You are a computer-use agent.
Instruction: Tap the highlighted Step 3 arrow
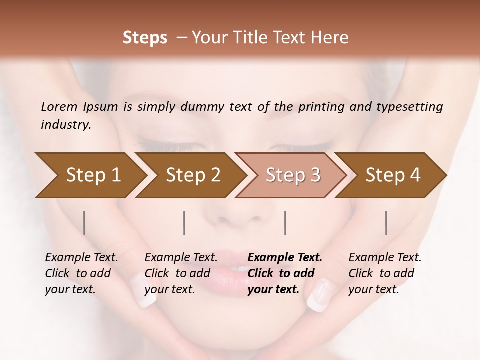293,175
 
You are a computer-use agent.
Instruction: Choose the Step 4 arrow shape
393,175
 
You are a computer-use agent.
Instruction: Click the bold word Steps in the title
145,38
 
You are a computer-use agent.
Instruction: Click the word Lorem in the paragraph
59,106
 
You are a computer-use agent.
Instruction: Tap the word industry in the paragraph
66,124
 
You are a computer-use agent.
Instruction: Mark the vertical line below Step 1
84,223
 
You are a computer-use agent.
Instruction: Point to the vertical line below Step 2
184,223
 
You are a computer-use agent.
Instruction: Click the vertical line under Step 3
285,223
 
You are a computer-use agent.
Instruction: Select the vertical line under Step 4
386,223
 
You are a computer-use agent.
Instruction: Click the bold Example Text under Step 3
285,258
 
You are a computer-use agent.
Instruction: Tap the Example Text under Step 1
81,258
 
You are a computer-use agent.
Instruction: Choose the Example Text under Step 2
181,258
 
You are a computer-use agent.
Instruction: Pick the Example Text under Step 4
385,258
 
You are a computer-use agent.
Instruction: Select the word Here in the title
331,38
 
